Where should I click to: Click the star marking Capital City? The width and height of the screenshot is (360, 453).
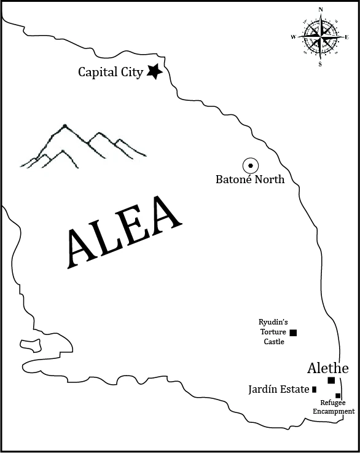[154, 72]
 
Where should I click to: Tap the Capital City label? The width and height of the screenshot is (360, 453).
[111, 73]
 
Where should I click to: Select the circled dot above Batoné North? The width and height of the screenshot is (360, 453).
[250, 166]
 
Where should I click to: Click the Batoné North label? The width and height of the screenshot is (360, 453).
[250, 180]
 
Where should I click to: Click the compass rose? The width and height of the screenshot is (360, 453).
[320, 36]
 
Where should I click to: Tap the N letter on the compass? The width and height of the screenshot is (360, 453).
[321, 9]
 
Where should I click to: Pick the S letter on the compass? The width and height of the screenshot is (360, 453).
[320, 64]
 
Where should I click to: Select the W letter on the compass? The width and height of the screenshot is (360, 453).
[293, 37]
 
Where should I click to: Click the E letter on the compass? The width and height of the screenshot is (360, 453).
[347, 37]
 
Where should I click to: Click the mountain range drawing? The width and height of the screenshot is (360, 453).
[83, 147]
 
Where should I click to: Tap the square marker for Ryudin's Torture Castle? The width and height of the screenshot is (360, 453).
[293, 333]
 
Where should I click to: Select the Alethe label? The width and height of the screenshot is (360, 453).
[327, 368]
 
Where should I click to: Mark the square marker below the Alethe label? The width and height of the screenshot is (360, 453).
[331, 380]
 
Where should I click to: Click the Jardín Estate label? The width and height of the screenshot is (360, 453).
[278, 389]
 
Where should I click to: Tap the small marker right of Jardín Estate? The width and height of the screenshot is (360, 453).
[315, 389]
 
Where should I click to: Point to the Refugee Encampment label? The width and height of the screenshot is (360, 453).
[332, 406]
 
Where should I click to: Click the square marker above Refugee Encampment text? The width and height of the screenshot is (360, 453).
[338, 395]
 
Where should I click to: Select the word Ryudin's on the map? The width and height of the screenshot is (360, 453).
[272, 322]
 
